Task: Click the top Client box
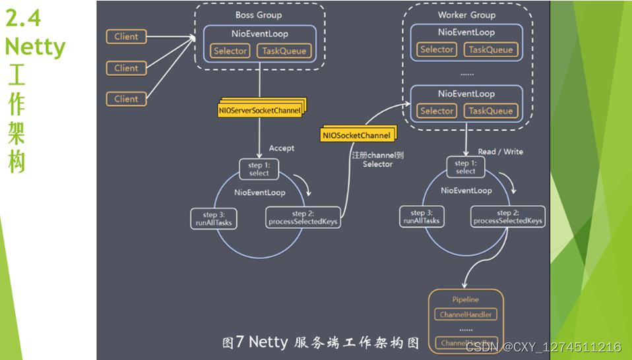tap(126, 37)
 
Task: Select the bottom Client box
tap(126, 99)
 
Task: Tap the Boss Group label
tap(258, 15)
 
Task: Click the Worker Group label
tap(466, 15)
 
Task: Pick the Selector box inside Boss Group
tap(230, 51)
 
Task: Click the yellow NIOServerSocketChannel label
tap(259, 111)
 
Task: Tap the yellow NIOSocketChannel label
tap(356, 135)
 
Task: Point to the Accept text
tap(282, 148)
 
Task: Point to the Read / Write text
tap(500, 152)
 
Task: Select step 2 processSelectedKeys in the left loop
tap(303, 218)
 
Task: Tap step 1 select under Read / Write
tap(465, 167)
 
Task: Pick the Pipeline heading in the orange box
tap(466, 299)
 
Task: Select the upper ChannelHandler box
tap(466, 315)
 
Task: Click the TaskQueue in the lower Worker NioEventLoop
tap(490, 111)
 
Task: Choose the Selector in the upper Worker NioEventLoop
tap(437, 49)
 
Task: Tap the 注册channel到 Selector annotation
tap(377, 160)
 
